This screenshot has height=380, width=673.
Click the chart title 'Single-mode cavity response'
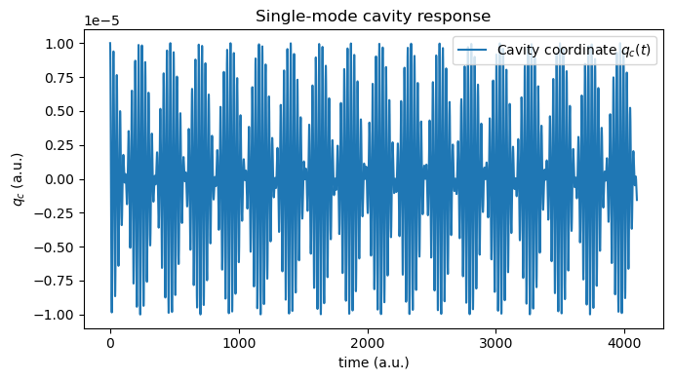tap(373, 16)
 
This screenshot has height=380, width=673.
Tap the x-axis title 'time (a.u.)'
tap(373, 362)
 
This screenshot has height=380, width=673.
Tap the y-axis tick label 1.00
tap(60, 44)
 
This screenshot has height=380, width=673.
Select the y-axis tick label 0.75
tap(60, 78)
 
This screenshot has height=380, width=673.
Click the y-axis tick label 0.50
tap(60, 112)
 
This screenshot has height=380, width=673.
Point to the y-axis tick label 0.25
tap(60, 145)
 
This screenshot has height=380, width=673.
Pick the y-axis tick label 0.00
tap(60, 179)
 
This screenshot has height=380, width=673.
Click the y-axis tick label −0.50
tap(57, 247)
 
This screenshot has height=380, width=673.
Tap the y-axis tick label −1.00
tap(57, 315)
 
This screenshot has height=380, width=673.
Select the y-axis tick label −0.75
tap(57, 281)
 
